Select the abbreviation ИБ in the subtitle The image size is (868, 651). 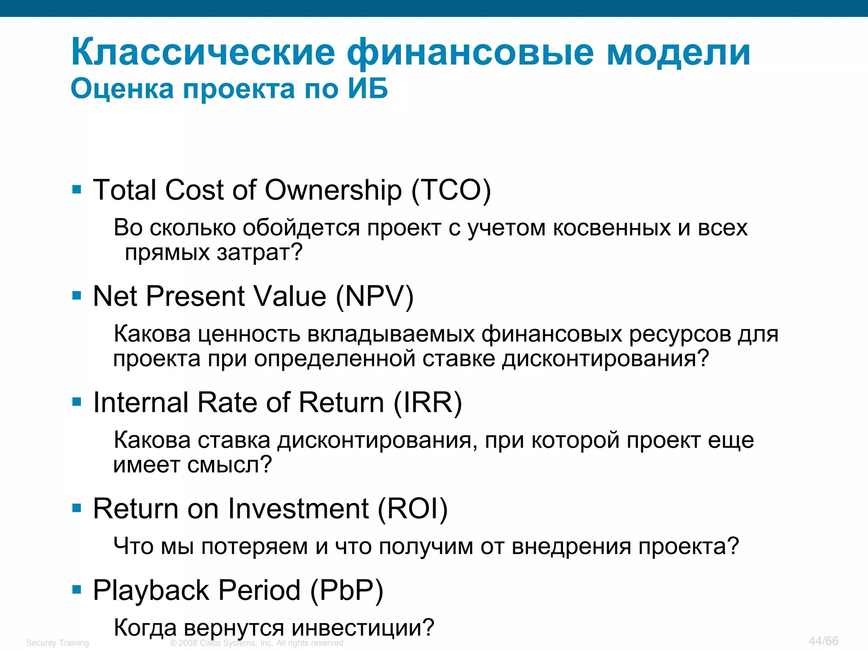[x=367, y=89]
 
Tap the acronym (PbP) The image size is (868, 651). [x=347, y=590]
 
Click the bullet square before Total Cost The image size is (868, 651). [x=77, y=189]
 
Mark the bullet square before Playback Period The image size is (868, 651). [x=77, y=590]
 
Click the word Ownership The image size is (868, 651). [x=333, y=190]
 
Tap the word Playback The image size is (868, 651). [x=151, y=590]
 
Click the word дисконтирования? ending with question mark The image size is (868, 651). [x=606, y=359]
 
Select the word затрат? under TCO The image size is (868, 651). [x=259, y=253]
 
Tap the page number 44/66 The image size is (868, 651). [x=823, y=641]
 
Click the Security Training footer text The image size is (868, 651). [x=58, y=643]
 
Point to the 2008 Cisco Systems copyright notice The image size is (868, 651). [x=258, y=643]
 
